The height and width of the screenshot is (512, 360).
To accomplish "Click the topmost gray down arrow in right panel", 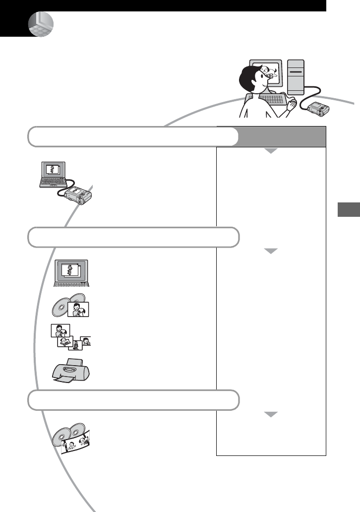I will coord(271,151).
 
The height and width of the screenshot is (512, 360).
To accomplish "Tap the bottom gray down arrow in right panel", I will coord(271,416).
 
